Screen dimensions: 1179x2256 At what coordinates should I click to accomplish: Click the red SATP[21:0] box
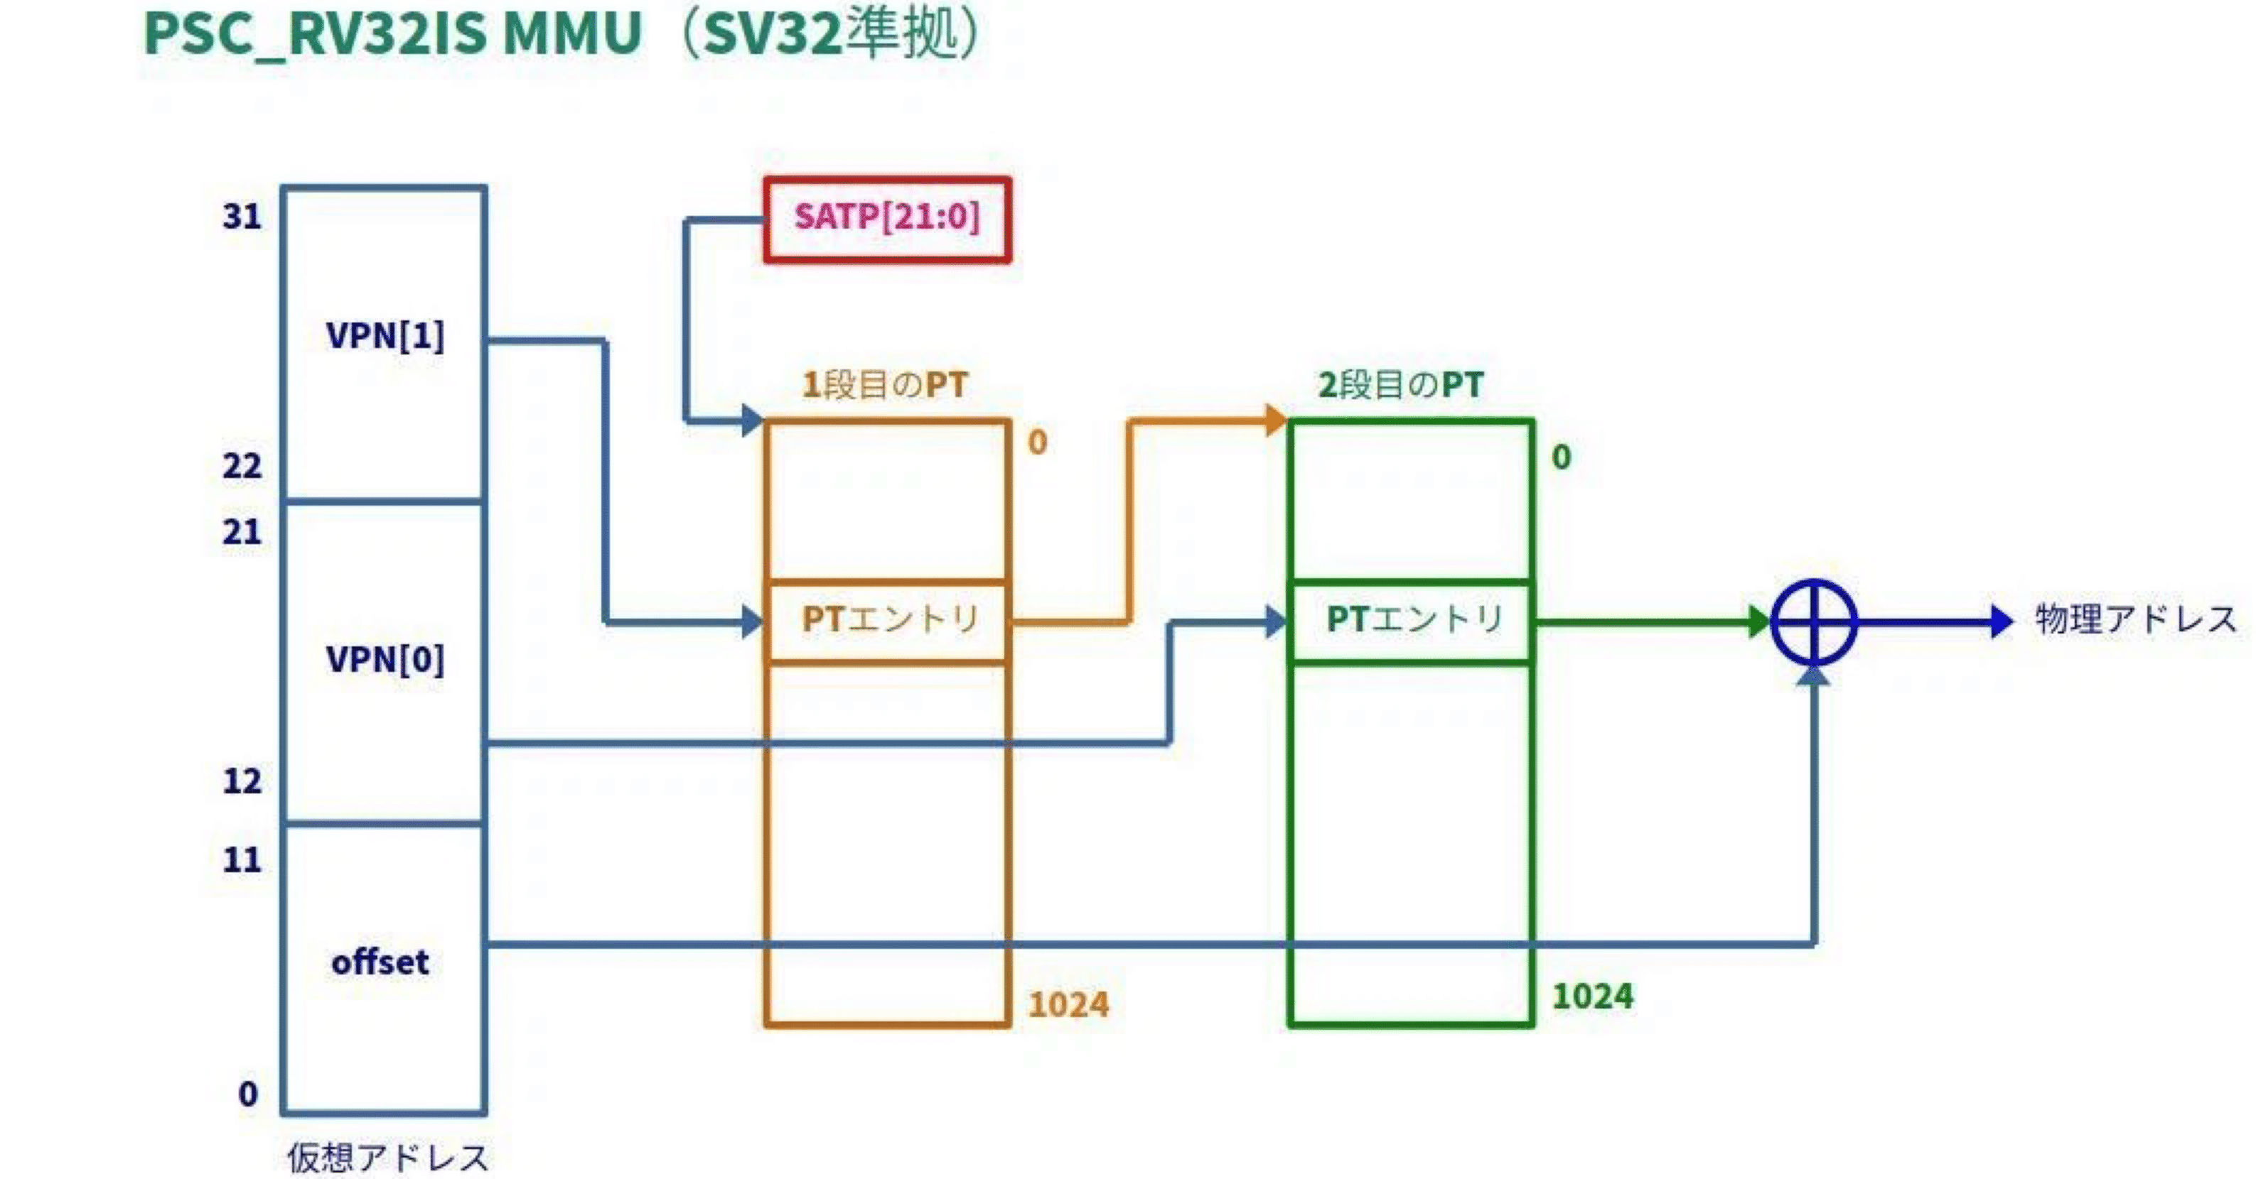(887, 219)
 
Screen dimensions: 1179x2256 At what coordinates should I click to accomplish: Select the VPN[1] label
(385, 336)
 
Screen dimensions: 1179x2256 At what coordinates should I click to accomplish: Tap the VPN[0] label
(385, 659)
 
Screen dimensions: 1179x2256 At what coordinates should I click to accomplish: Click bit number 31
(242, 216)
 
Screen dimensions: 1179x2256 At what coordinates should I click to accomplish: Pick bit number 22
(242, 466)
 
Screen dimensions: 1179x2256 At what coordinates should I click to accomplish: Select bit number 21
(242, 532)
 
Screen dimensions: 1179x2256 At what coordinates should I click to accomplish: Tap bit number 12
(242, 781)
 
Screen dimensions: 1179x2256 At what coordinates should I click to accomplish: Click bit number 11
(242, 859)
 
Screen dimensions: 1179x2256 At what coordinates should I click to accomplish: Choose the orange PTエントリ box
(888, 621)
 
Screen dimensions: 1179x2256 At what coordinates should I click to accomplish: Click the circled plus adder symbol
(1814, 622)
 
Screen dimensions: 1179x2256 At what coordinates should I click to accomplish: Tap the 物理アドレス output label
(2135, 620)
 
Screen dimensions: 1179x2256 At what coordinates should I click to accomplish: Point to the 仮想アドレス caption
(388, 1157)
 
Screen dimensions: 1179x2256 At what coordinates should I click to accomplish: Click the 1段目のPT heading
(884, 385)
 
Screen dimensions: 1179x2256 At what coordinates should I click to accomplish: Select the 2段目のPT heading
(1400, 385)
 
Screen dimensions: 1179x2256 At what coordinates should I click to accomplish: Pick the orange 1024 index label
(1068, 1005)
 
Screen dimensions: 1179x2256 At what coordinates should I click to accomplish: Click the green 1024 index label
(1592, 996)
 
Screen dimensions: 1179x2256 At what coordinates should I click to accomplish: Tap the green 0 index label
(1561, 457)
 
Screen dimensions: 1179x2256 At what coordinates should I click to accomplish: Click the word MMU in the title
(573, 35)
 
